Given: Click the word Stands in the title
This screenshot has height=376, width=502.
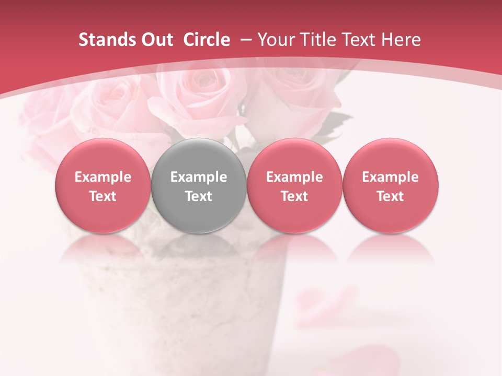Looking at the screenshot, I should [x=103, y=40].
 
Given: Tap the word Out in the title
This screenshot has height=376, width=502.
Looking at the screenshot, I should [x=155, y=40].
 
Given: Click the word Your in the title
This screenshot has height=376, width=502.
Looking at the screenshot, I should [x=273, y=40].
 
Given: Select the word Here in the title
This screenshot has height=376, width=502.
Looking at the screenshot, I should [x=401, y=40].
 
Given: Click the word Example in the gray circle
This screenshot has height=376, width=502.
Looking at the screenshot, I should [x=199, y=177].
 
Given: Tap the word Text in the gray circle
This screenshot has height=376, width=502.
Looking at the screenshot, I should [x=199, y=196].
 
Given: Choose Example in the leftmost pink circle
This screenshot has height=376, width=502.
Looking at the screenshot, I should [x=103, y=177].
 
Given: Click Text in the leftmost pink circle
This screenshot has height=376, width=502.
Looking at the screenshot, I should [x=103, y=196].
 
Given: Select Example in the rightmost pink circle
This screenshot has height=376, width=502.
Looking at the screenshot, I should [x=391, y=177].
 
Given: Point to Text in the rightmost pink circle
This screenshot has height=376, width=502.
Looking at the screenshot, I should [x=391, y=196].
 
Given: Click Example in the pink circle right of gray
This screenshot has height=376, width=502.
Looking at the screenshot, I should [x=294, y=177].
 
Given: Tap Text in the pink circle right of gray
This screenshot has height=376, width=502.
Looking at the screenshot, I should [x=294, y=196].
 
